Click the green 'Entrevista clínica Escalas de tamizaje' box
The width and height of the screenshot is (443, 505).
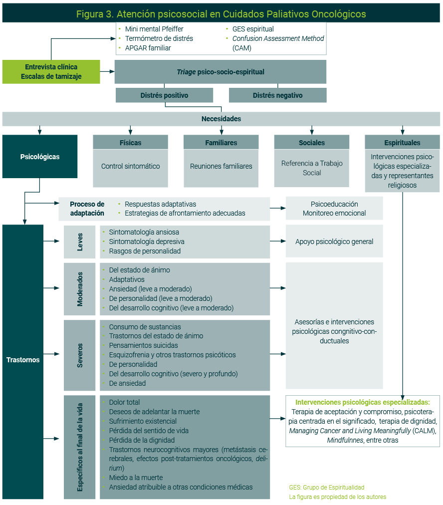51,72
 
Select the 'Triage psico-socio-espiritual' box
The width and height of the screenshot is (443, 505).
220,72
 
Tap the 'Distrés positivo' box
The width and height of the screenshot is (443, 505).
164,95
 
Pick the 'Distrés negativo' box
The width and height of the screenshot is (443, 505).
277,95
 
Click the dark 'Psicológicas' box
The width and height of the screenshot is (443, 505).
40,157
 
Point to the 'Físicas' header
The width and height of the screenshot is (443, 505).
131,143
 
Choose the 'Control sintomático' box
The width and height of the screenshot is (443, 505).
131,166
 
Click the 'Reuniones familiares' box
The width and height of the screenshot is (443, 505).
221,166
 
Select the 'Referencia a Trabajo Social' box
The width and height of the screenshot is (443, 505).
312,168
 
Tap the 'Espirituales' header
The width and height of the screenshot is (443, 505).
402,143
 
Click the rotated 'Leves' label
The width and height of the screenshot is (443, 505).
80,242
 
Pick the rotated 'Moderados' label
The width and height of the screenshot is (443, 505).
80,288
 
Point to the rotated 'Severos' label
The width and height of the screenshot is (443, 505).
80,355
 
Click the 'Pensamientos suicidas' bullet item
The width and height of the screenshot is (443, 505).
143,345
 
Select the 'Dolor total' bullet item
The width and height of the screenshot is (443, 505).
124,402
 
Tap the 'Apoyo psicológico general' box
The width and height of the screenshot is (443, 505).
334,242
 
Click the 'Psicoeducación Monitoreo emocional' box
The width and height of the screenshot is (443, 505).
334,209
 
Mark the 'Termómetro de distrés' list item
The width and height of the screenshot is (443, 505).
159,38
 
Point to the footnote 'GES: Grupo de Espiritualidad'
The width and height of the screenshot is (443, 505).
326,487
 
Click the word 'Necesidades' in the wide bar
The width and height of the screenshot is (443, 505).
221,119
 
